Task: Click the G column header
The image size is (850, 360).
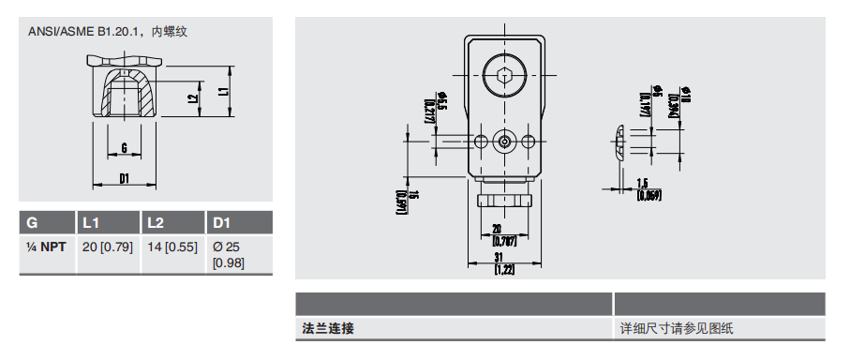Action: [x=32, y=223]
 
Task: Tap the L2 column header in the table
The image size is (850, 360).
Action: [x=156, y=223]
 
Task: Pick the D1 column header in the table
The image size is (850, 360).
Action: [x=222, y=223]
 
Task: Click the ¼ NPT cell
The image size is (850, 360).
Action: [x=46, y=247]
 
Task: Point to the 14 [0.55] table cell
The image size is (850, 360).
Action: [x=172, y=247]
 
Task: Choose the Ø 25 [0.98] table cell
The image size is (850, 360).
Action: [x=228, y=253]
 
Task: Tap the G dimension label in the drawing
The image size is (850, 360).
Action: [x=124, y=147]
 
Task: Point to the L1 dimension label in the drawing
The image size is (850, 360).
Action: [x=223, y=92]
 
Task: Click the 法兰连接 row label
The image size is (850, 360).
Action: [x=328, y=329]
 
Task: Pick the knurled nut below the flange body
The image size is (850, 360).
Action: [x=504, y=200]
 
